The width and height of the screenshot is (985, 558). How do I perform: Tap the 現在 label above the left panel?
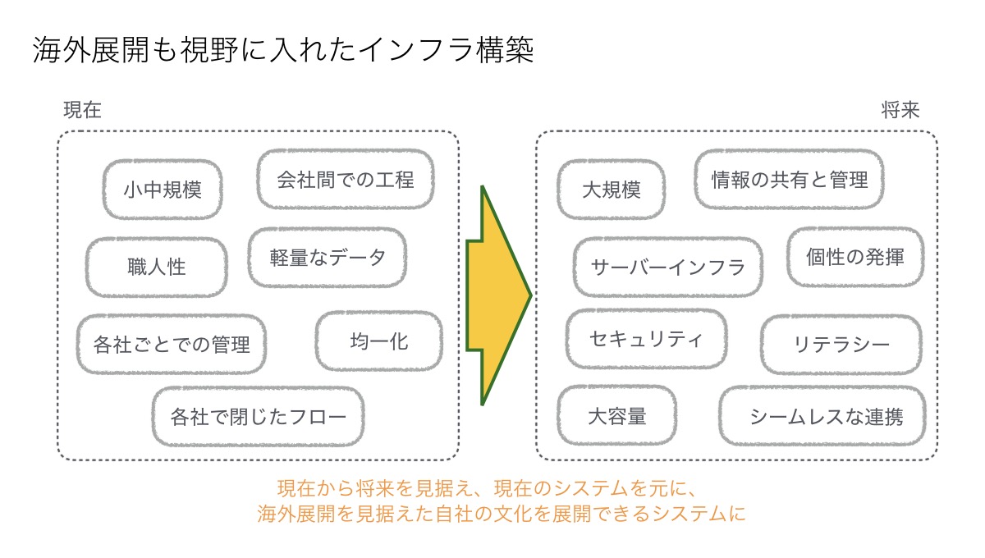[x=83, y=110]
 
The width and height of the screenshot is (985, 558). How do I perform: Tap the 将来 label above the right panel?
[x=900, y=110]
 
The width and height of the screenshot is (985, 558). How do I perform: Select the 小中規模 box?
[x=163, y=190]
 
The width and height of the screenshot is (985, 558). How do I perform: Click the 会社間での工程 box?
[x=346, y=180]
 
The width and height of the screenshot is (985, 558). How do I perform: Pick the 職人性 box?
[x=157, y=267]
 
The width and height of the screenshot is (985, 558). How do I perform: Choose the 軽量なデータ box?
[x=328, y=258]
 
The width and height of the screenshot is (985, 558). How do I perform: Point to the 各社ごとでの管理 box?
[x=172, y=345]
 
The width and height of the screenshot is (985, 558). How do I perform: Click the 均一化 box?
[x=379, y=341]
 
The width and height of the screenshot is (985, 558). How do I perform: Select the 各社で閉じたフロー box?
[x=258, y=416]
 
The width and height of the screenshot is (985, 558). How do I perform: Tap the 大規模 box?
[x=612, y=190]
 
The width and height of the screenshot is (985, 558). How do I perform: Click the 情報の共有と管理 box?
[x=790, y=180]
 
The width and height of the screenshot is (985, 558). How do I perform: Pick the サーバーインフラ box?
[x=668, y=267]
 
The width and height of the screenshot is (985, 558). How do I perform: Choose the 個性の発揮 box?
[x=855, y=257]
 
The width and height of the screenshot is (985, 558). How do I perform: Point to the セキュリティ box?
[x=647, y=339]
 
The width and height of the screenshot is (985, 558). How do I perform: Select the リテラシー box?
[x=841, y=345]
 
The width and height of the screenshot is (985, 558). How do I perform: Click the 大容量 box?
[x=617, y=416]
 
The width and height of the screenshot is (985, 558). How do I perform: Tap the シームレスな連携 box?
[x=822, y=416]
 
